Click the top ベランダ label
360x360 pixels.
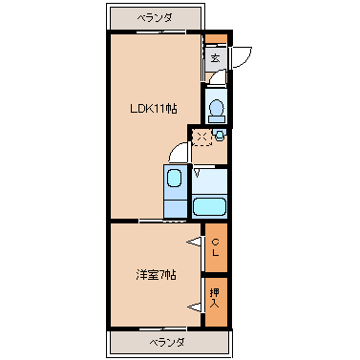155,17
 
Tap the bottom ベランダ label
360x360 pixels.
167,343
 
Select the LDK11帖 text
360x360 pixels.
154,109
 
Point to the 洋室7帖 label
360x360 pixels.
156,275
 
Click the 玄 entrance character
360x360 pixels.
216,58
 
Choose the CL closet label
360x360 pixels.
216,247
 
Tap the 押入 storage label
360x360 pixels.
215,298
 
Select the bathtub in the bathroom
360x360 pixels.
209,207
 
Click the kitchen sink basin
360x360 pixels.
174,178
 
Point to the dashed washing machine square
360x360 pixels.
202,138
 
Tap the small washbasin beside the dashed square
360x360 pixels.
220,135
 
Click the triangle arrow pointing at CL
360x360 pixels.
194,242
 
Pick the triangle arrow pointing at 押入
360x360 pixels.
195,307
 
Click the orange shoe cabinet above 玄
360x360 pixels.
216,38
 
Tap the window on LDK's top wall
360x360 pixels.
161,32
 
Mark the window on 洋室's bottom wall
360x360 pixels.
162,328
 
